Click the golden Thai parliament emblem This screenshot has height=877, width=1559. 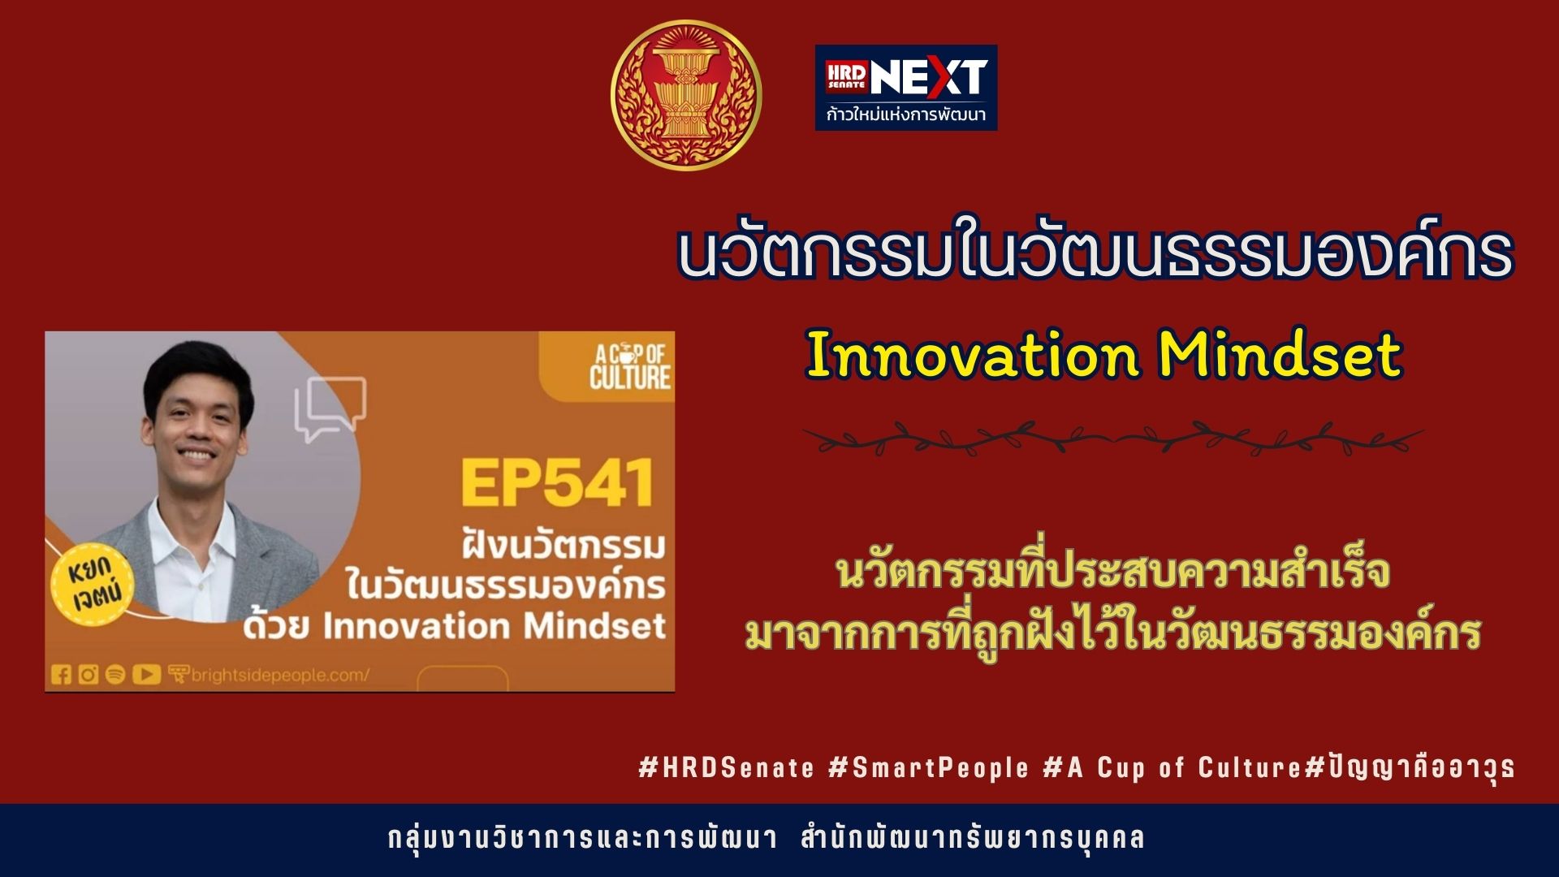686,96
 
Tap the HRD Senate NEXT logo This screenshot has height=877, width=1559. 906,88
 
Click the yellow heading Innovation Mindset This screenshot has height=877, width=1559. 1104,356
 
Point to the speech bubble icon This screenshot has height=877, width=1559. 330,408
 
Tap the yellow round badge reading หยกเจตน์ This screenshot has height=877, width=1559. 91,583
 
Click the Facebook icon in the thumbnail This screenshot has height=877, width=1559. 61,674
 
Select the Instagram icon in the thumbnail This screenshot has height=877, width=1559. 89,674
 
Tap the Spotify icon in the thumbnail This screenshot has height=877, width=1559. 115,674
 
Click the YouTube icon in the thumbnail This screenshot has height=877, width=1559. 146,674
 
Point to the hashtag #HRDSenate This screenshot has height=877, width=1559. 726,767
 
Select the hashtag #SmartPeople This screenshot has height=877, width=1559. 929,767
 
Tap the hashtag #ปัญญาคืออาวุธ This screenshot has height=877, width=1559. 1410,767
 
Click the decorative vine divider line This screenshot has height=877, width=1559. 1113,438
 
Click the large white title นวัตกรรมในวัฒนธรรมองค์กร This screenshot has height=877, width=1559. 1095,250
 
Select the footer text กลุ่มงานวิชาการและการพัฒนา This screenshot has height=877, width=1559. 583,838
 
